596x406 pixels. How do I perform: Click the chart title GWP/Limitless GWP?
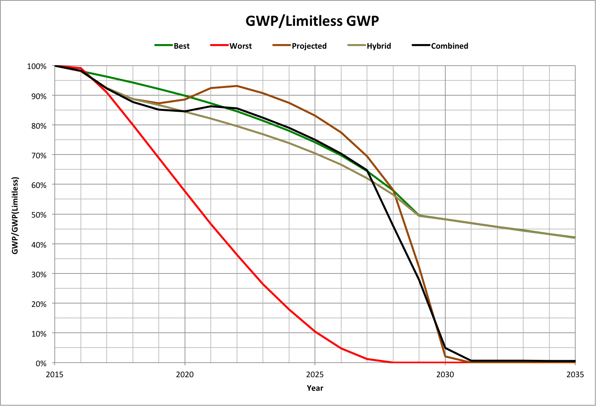coord(312,21)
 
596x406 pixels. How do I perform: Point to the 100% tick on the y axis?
coord(37,66)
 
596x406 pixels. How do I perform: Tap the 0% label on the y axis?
coord(41,363)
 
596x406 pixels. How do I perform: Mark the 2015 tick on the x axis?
coord(54,374)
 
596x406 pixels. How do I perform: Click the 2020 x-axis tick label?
coord(185,374)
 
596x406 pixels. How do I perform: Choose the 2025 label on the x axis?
coord(315,374)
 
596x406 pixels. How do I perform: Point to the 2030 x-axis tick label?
coord(445,374)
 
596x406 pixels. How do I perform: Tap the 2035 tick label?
coord(575,374)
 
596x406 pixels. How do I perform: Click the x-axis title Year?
coord(315,388)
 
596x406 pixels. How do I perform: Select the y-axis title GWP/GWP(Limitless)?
coord(15,215)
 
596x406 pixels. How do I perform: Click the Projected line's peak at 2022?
coord(237,86)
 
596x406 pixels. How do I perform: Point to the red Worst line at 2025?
coord(315,331)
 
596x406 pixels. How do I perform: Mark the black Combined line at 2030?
coord(445,348)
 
